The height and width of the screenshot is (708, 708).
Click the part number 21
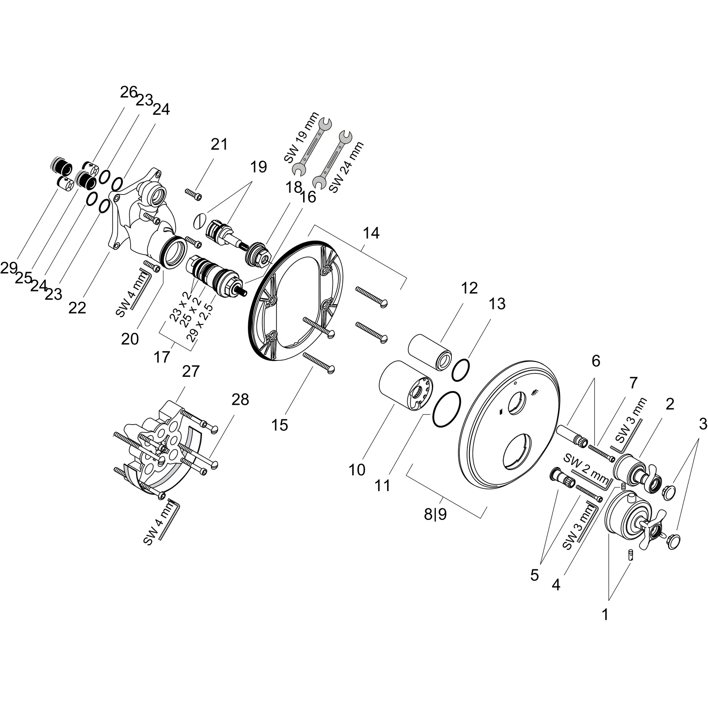pyautogui.click(x=219, y=145)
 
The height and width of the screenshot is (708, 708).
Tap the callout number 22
pyautogui.click(x=77, y=308)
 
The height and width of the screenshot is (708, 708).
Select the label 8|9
pyautogui.click(x=435, y=515)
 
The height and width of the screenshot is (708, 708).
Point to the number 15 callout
pyautogui.click(x=280, y=425)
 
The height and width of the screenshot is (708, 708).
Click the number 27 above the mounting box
pyautogui.click(x=190, y=371)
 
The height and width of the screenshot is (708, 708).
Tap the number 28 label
pyautogui.click(x=240, y=399)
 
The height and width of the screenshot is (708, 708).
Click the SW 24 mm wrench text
pyautogui.click(x=346, y=167)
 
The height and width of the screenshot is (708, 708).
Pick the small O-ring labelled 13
pyautogui.click(x=460, y=370)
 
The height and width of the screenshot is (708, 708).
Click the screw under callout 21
pyautogui.click(x=194, y=195)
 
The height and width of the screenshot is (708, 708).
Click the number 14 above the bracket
pyautogui.click(x=371, y=233)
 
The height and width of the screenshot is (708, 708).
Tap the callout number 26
pyautogui.click(x=129, y=92)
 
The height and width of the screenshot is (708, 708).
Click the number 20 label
pyautogui.click(x=130, y=339)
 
